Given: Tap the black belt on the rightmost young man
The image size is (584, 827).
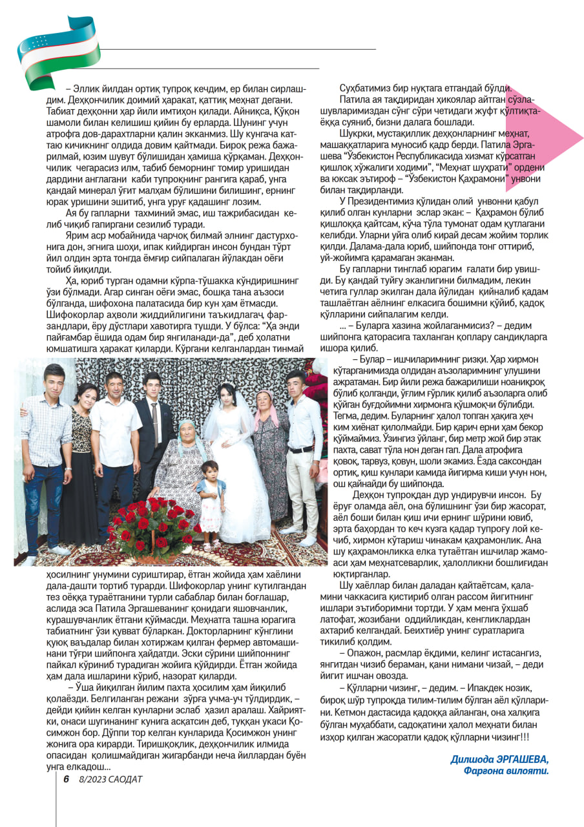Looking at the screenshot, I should click(301, 449).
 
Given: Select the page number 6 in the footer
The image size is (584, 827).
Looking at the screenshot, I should click(66, 779).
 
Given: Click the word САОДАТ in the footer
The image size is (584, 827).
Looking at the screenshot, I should click(125, 779).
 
